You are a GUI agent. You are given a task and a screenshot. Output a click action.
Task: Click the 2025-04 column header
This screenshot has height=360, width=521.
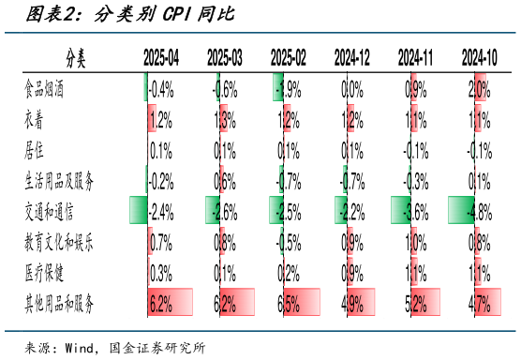pos(161,59)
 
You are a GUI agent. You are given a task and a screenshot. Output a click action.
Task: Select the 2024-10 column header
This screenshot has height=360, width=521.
pos(479,59)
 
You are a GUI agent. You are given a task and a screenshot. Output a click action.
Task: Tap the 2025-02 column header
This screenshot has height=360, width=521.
pos(288,59)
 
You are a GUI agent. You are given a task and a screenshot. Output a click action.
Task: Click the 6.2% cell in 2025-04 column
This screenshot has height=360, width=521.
pos(161,303)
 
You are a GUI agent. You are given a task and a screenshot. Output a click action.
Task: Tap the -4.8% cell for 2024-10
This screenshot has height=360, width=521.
pos(479,211)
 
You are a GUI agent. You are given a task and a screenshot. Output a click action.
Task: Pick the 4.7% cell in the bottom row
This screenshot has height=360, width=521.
pos(479,303)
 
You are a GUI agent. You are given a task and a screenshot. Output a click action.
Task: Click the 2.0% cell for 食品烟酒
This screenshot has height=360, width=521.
pos(479,90)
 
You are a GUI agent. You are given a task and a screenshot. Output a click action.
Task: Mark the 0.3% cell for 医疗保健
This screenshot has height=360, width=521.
pos(161,273)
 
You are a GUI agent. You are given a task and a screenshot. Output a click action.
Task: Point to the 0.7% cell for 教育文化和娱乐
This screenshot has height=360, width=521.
pos(161,242)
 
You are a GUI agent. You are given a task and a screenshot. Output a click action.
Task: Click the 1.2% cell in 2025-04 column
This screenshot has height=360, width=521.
pos(161,120)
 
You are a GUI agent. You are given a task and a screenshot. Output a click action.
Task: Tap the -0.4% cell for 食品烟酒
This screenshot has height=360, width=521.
pos(161,90)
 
